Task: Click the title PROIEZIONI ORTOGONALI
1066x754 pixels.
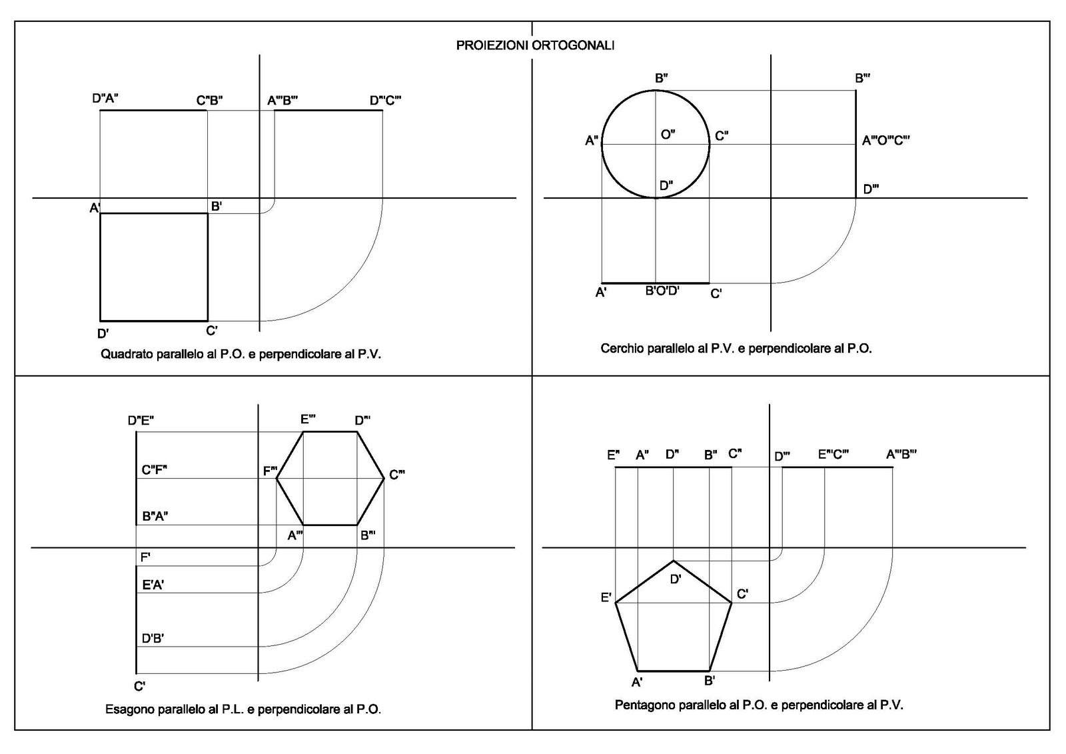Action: click(535, 45)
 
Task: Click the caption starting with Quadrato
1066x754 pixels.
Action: click(241, 354)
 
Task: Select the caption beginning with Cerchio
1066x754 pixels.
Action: click(736, 348)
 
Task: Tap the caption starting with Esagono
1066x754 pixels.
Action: click(243, 709)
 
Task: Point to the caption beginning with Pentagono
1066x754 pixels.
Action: click(759, 705)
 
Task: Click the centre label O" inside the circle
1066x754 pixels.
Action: click(668, 135)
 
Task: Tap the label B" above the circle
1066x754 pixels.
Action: click(661, 78)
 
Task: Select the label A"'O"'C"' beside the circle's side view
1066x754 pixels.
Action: click(885, 141)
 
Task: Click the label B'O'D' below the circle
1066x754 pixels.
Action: click(662, 291)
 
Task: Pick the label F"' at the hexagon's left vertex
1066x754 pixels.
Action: click(270, 471)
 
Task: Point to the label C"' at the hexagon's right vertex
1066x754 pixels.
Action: click(397, 475)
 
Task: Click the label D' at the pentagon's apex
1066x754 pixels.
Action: click(675, 579)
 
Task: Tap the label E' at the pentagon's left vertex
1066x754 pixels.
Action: click(606, 597)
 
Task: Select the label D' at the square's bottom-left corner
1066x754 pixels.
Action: click(103, 333)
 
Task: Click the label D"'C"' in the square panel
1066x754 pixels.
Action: click(385, 101)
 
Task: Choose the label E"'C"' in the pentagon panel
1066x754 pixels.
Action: click(833, 455)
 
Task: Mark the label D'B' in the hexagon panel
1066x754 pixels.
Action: click(153, 638)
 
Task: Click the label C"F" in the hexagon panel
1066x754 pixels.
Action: click(154, 469)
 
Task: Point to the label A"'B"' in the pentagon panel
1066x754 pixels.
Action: click(901, 455)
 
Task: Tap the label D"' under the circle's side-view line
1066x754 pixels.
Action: click(870, 189)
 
